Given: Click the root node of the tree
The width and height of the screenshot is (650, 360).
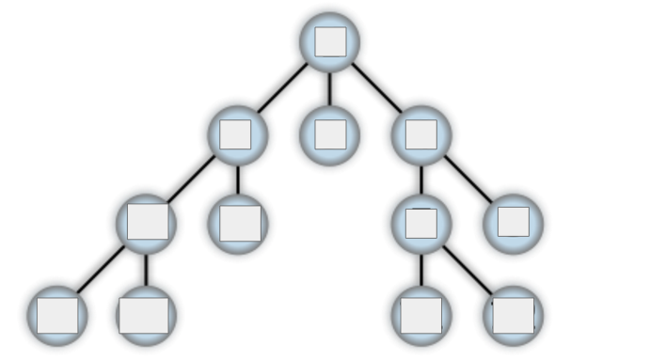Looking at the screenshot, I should tap(330, 41).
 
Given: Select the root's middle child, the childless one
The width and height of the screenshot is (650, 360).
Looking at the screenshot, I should tap(330, 133).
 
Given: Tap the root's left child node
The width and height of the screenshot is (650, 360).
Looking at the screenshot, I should tap(238, 133).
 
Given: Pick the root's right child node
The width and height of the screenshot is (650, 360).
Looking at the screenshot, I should tap(421, 133).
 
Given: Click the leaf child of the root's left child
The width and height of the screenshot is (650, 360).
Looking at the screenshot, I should tap(238, 223).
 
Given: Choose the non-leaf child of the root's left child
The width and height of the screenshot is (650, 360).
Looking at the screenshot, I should tap(147, 223).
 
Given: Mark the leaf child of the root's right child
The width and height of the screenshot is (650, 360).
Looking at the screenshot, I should tap(514, 223).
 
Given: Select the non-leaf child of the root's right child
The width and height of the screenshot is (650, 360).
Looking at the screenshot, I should tap(421, 223).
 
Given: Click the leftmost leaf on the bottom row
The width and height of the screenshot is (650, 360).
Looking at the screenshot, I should tap(57, 315).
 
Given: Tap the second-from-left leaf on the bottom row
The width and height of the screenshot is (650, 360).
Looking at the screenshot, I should tap(146, 315).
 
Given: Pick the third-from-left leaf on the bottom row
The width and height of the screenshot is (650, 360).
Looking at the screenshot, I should tap(420, 315).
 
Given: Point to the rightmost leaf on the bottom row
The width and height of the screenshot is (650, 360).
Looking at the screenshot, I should tap(514, 315).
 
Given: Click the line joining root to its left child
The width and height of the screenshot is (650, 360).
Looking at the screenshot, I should tap(282, 88).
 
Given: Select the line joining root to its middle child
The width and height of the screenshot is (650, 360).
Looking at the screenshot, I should tap(330, 87).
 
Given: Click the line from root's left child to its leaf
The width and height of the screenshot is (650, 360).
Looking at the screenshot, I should tap(238, 179).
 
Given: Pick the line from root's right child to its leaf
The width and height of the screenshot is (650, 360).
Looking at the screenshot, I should tap(468, 179).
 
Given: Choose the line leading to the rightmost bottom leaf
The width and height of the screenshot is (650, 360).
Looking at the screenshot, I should tap(468, 270).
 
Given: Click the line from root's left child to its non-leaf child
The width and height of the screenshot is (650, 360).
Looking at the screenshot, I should tap(192, 179).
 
